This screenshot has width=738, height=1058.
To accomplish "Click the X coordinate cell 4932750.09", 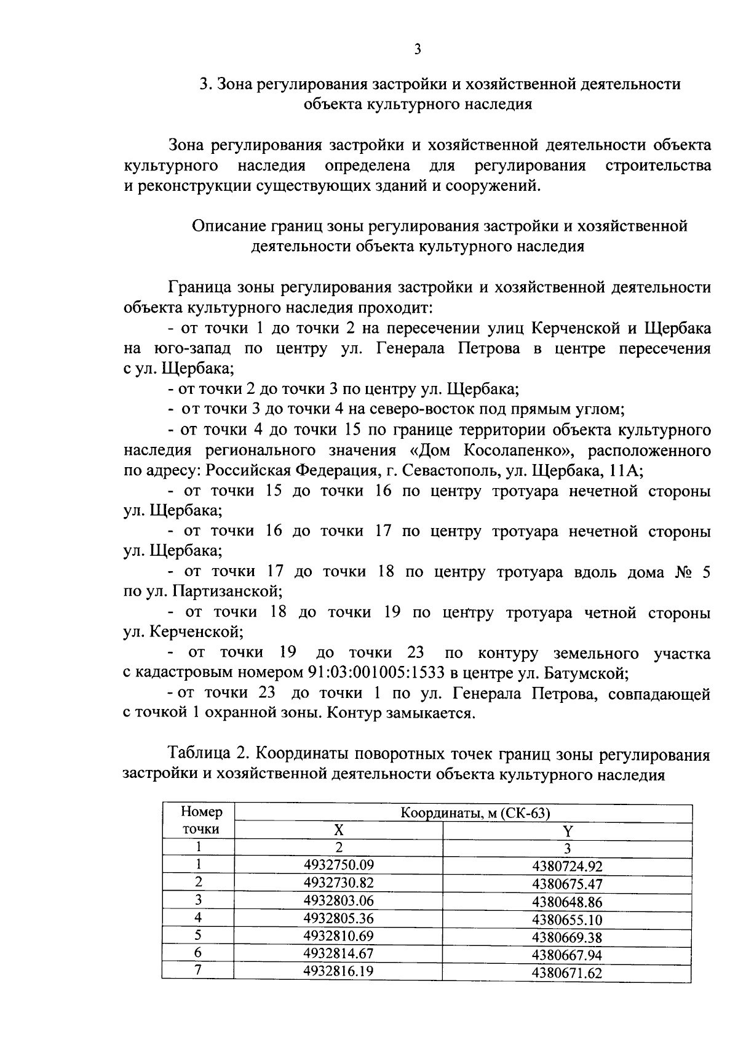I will coord(339,864).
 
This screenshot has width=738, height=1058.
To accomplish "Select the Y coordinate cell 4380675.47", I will coord(567,884).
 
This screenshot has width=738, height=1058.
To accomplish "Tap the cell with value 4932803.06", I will coord(339,900).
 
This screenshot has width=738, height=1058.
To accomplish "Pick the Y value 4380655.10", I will coord(567,920).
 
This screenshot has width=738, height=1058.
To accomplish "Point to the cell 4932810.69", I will coord(339,936).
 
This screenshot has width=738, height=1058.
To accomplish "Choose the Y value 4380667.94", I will coord(567,955).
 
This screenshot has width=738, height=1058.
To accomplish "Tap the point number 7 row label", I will coord(199,971).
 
